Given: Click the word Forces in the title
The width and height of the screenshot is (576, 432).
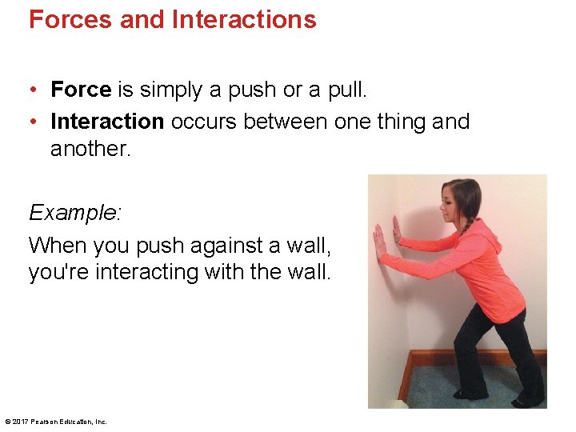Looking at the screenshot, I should [70, 19].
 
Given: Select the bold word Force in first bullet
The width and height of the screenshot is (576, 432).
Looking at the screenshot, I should [81, 90].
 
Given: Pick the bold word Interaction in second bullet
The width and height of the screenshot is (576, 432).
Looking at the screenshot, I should [107, 122].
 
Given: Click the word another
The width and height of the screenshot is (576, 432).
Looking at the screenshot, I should [90, 149].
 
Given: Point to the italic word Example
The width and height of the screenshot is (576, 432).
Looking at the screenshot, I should [74, 213].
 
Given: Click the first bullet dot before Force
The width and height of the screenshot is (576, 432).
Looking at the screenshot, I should [34, 90].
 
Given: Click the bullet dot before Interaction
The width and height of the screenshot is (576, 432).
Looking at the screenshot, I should [34, 122].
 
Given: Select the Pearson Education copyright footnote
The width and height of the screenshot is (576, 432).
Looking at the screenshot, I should [56, 422].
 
